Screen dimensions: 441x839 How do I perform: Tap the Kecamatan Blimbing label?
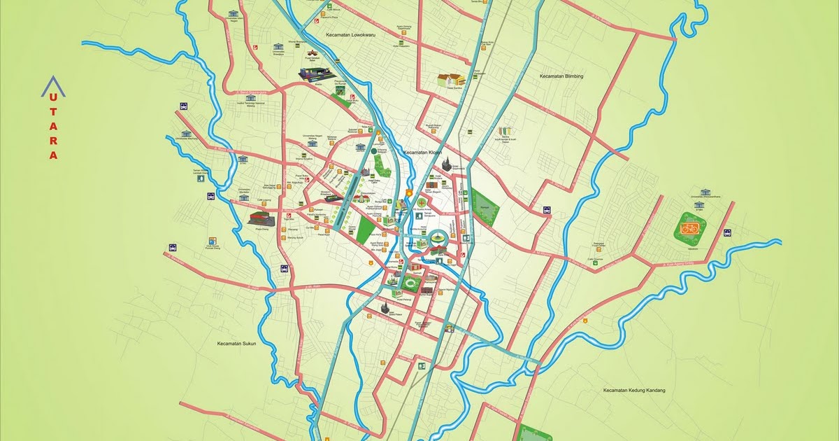[x=561, y=76]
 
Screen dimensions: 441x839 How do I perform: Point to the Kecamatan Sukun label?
[x=238, y=344]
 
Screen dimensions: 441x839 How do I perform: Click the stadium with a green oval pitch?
[x=409, y=283]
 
